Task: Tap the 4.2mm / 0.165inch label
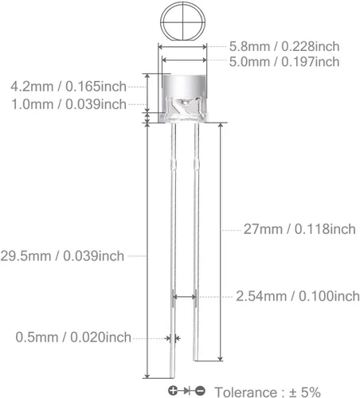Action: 68,85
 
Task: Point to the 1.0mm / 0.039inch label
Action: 68,104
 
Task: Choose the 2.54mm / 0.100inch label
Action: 297,296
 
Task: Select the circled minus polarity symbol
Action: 200,391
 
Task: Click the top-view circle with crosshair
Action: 183,20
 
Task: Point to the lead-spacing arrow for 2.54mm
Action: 184,297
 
